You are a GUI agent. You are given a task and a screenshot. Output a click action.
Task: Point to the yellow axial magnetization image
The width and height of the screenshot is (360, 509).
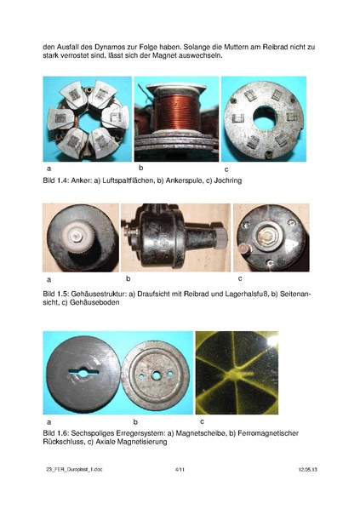(x=248, y=373)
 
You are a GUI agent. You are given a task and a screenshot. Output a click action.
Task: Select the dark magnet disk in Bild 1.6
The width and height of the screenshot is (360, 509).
(x=82, y=373)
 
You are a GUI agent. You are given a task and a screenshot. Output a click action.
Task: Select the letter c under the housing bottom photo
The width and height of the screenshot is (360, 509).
(x=240, y=278)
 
